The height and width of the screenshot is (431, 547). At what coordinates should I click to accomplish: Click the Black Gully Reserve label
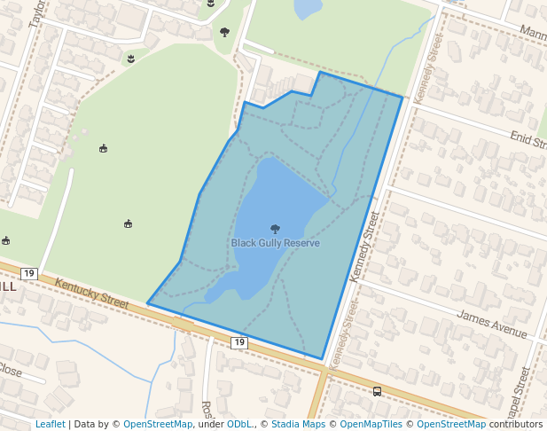click(x=275, y=243)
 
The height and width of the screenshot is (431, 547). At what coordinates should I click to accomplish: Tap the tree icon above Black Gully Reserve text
click(x=275, y=229)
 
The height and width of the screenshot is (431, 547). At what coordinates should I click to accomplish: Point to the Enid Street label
click(x=527, y=139)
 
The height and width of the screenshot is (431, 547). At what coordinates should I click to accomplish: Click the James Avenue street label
click(x=492, y=322)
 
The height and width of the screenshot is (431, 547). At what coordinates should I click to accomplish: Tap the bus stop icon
click(x=378, y=391)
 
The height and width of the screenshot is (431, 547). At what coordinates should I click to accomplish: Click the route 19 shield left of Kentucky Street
click(x=29, y=273)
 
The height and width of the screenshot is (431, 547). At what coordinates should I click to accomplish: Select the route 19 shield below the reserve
click(x=238, y=341)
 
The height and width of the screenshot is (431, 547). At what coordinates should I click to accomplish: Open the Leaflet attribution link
click(x=50, y=424)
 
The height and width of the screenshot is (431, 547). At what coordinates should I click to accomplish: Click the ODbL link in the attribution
click(x=239, y=424)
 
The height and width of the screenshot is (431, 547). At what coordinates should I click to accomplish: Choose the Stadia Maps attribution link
click(x=298, y=424)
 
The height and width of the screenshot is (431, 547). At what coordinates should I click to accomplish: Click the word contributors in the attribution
click(x=516, y=424)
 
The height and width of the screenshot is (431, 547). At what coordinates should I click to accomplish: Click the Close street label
click(x=11, y=370)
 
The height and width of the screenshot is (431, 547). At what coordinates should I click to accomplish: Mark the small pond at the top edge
click(x=308, y=8)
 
